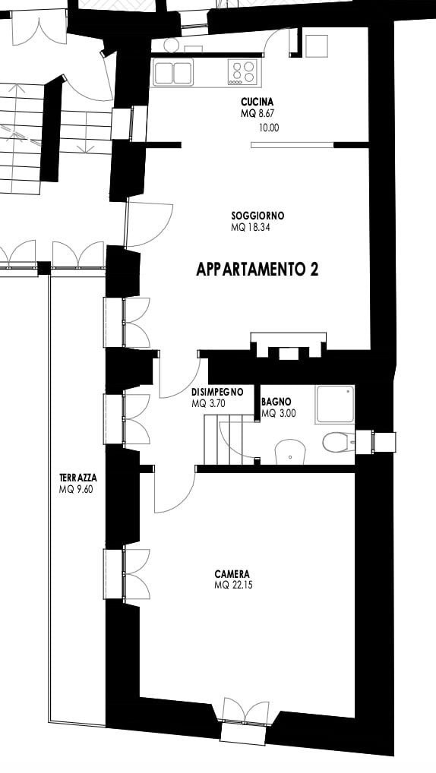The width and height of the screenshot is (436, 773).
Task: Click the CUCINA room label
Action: coord(257,102)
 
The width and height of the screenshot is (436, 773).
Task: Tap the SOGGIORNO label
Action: coord(257,216)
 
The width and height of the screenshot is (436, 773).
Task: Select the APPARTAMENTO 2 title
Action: coord(257,269)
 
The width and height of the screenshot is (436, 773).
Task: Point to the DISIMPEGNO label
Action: coord(217,393)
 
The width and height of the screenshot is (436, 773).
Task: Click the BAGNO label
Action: coord(276,402)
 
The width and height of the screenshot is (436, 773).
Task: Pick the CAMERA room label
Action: coord(232,574)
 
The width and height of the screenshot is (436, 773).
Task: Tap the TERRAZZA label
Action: coord(78,478)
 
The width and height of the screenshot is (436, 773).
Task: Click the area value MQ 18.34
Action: coord(251,228)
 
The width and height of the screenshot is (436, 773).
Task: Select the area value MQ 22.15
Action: coord(234,586)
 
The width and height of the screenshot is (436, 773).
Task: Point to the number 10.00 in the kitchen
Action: coord(269,128)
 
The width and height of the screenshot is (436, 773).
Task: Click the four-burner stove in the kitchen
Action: coord(242,72)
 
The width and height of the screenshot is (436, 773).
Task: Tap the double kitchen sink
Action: coord(172,73)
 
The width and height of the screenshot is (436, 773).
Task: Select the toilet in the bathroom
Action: coord(338,442)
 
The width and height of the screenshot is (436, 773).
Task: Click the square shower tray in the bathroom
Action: coord(336,404)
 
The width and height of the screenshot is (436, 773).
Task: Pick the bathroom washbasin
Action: coord(290,452)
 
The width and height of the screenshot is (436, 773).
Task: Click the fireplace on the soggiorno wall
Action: coord(289,345)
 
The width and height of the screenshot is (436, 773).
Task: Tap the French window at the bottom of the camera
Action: coord(246,719)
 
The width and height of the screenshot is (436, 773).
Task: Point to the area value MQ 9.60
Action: coord(75,490)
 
